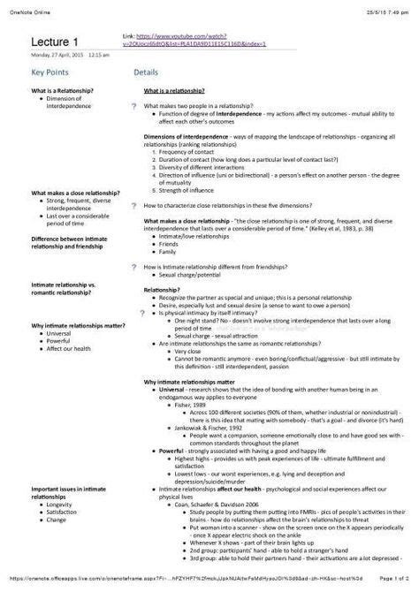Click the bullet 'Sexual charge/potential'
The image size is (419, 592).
tap(191, 276)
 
